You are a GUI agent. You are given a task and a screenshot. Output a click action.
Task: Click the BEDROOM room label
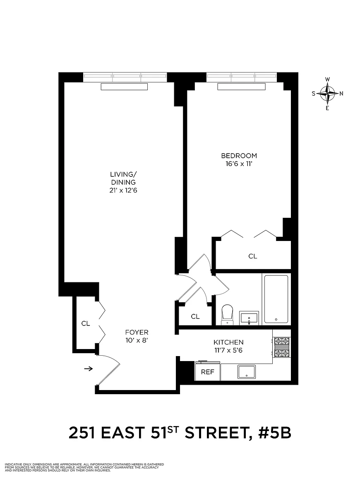239,156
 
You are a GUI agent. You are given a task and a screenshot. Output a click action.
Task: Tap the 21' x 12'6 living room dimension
123,190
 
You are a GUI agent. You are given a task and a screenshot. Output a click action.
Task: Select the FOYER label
137,332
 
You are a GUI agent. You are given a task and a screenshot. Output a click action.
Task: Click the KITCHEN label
228,342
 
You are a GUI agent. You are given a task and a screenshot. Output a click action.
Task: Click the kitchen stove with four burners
281,347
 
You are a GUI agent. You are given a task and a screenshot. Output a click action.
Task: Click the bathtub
276,299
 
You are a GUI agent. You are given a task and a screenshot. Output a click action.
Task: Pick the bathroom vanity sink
249,318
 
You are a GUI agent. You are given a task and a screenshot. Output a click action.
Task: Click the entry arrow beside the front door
89,369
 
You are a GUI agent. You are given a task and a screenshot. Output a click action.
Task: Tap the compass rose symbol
327,94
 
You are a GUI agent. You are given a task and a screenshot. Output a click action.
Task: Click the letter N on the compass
341,94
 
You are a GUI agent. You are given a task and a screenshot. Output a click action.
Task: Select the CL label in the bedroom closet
253,256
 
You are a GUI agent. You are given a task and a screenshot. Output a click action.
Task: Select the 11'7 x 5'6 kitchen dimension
228,350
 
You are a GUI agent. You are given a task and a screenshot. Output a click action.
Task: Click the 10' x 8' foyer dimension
137,341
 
